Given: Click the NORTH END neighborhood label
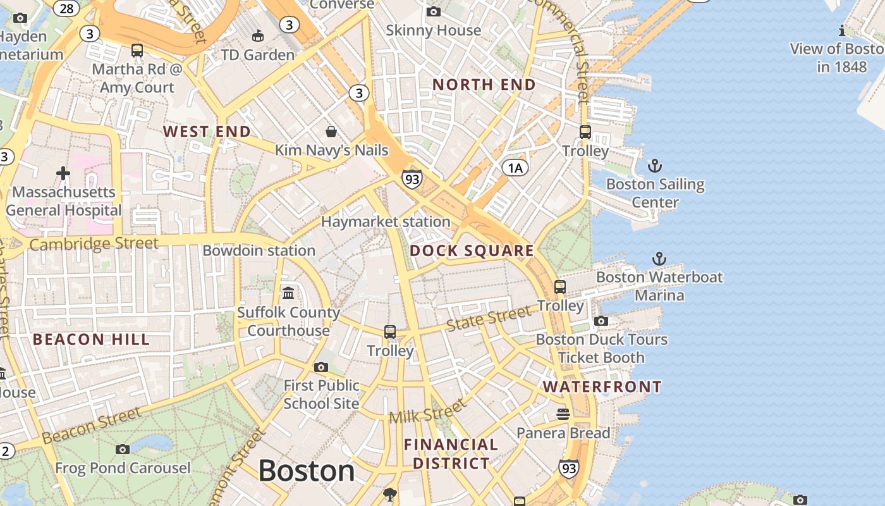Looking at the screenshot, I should [484, 85].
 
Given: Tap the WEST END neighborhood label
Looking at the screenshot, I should [207, 132].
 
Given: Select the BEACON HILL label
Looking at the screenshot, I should [91, 340].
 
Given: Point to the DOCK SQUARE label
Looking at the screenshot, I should [472, 250].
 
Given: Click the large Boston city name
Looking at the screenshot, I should [307, 471].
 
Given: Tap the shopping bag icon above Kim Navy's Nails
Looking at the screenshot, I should [331, 132].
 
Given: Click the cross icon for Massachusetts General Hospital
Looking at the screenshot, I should [63, 173].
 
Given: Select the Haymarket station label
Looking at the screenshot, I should [386, 222].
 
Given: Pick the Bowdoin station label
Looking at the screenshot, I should [259, 250].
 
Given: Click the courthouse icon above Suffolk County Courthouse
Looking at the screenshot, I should [289, 293].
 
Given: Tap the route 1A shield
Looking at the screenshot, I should [515, 168].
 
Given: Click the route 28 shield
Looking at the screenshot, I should [66, 8].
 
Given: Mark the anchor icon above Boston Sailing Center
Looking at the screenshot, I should [655, 166].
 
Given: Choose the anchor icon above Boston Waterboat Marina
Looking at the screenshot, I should [659, 259].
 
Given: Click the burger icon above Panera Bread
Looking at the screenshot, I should [563, 414].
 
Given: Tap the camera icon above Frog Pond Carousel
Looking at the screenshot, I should [123, 450].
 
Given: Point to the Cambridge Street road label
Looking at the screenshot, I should [94, 244].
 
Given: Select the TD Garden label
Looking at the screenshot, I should [258, 55].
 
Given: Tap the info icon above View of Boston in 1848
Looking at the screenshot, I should [842, 30].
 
